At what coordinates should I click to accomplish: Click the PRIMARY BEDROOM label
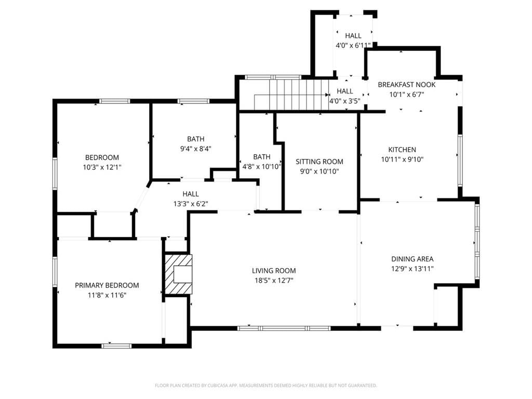click(107, 285)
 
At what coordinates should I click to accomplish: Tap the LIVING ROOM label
click(274, 271)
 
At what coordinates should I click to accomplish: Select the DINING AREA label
click(412, 259)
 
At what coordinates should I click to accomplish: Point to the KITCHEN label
click(402, 150)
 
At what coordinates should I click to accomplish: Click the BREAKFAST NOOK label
click(407, 85)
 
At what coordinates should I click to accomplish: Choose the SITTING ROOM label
click(320, 162)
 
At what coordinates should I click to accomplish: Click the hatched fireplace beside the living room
click(179, 274)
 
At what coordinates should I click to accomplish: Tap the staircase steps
click(292, 95)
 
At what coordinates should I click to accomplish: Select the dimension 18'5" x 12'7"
click(274, 281)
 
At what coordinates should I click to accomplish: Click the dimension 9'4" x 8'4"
click(196, 149)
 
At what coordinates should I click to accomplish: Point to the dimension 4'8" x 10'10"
click(262, 167)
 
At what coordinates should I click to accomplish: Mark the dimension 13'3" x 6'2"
click(191, 204)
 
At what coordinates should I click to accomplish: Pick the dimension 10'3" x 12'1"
click(102, 167)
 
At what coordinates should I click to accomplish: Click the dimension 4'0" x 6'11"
click(353, 46)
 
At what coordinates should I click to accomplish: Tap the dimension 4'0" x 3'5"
click(345, 101)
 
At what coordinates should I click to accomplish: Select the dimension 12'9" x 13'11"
click(412, 269)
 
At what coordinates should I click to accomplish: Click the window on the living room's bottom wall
click(284, 328)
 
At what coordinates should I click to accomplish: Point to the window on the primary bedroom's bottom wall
click(116, 345)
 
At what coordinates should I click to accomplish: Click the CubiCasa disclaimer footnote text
click(266, 385)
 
